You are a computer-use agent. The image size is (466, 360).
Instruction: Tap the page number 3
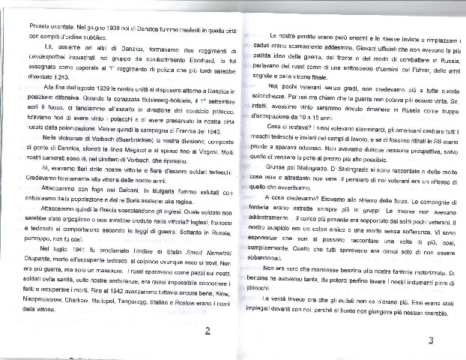coord(431,341)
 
